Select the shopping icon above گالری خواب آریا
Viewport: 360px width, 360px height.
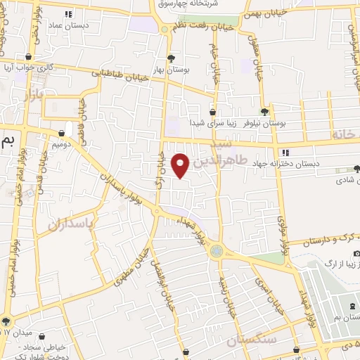click(29, 57)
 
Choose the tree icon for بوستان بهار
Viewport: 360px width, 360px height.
click(171, 58)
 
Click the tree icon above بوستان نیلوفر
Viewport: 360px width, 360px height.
click(264, 111)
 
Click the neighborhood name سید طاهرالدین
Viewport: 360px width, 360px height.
click(232, 154)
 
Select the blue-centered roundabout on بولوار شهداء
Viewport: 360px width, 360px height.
click(217, 250)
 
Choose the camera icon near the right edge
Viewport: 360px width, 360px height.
click(356, 253)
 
